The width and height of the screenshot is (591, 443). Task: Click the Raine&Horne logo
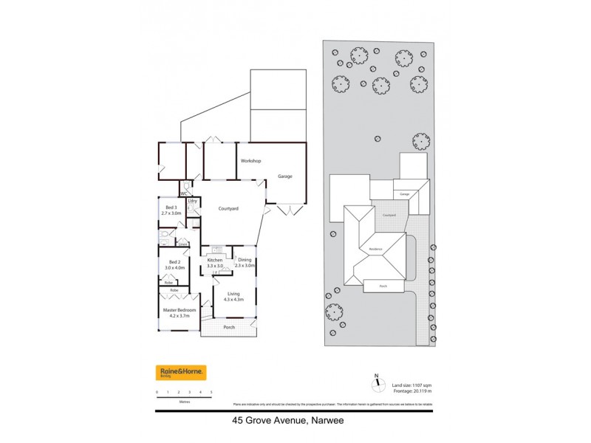pos(181,373)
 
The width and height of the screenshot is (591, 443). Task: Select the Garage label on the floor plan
pos(285,176)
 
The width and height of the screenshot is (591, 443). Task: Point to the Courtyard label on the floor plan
pos(228,209)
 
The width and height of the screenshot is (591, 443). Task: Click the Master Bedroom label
pos(180,310)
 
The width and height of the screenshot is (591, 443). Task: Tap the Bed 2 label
pos(174,262)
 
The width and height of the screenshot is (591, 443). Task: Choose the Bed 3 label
pos(171,208)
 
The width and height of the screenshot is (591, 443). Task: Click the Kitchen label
pos(215,261)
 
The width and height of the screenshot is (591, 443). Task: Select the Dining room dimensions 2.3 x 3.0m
pos(245,265)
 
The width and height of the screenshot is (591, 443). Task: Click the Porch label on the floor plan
pos(228,326)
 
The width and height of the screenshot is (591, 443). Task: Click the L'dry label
pos(192,201)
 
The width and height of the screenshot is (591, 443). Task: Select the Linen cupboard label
pos(182,244)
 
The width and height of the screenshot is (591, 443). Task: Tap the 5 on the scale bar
pos(211,392)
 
